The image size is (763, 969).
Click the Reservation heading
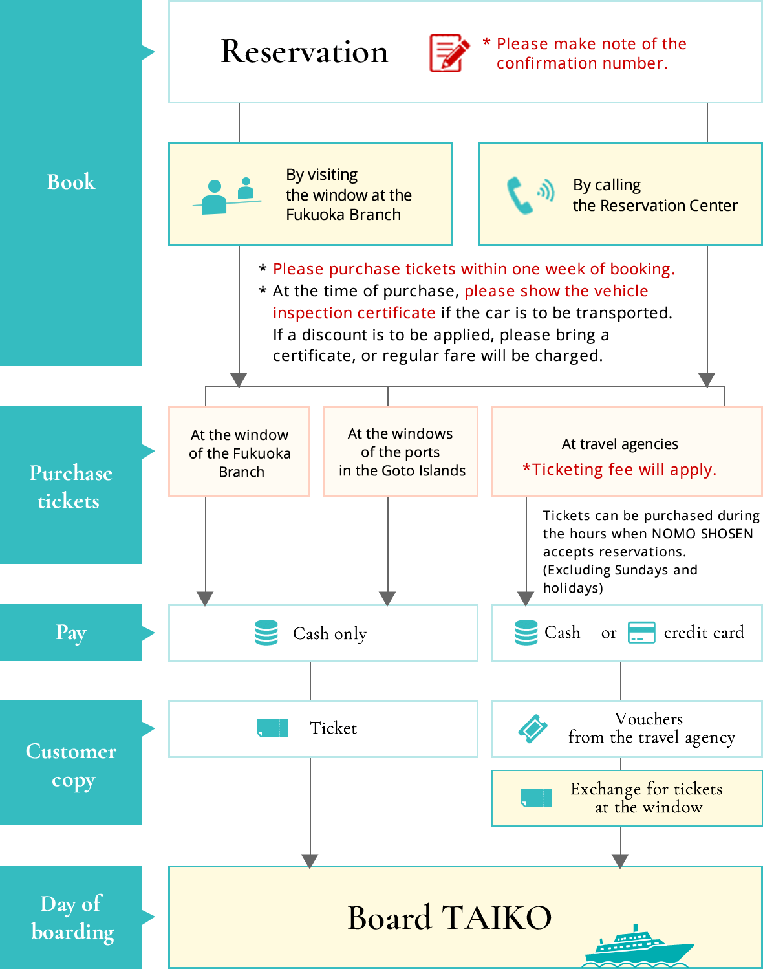[305, 52]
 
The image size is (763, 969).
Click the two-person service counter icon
[227, 196]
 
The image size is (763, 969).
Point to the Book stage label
[71, 182]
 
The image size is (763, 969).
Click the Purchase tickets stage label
[71, 486]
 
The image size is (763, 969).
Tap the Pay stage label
[71, 633]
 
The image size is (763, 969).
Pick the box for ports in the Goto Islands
[401, 452]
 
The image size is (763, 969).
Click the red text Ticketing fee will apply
[619, 470]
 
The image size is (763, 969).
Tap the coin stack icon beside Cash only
[266, 633]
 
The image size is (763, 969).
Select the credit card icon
[641, 633]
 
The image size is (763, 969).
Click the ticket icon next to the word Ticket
[272, 728]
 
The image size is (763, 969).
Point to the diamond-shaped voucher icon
[533, 729]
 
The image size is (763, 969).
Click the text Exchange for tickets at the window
[647, 798]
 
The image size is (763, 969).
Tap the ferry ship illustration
[637, 948]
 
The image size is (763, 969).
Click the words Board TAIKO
[449, 917]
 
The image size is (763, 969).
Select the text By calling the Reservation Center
[654, 195]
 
